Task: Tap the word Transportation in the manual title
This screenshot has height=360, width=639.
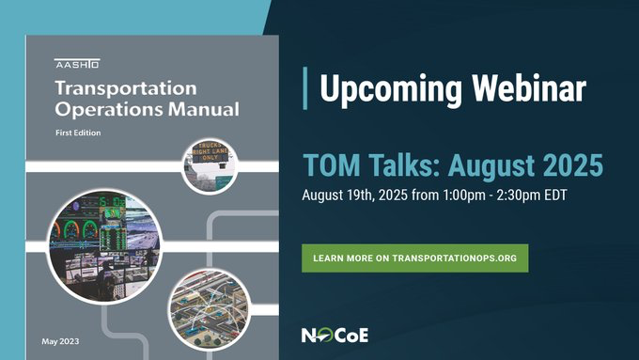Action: pyautogui.click(x=125, y=89)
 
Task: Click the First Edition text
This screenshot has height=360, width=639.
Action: pyautogui.click(x=78, y=133)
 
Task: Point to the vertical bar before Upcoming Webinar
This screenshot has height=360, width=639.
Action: pyautogui.click(x=306, y=87)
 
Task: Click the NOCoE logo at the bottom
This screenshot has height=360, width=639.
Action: pyautogui.click(x=334, y=335)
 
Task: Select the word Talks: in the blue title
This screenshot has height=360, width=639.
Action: pyautogui.click(x=397, y=166)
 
